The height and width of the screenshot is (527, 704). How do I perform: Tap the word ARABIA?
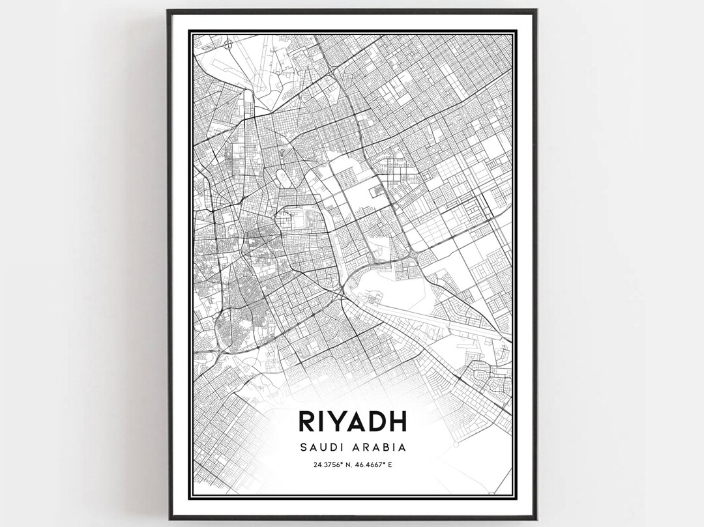point(382,448)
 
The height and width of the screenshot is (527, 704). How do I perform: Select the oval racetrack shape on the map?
point(282,177)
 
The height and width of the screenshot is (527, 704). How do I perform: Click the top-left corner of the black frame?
point(168,10)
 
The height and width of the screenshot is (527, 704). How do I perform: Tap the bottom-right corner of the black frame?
point(536,518)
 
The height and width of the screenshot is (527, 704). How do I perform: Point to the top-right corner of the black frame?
point(536,10)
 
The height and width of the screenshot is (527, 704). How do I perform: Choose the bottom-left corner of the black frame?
point(169,518)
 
